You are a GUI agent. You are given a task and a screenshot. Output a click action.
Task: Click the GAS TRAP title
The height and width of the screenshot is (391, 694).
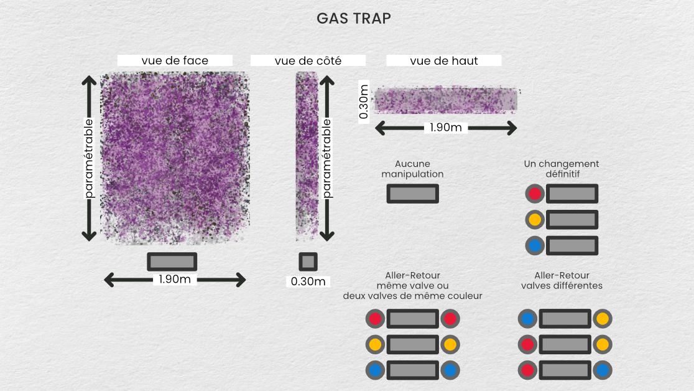point(354,19)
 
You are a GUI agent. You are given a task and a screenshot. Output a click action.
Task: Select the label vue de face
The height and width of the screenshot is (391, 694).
point(175,60)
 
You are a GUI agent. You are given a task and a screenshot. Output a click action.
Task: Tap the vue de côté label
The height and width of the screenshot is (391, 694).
point(308,60)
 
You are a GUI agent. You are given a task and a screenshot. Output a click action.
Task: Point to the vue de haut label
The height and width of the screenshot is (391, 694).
point(444,60)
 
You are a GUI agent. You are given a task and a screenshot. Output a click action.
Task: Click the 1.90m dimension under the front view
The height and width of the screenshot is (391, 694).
point(175,279)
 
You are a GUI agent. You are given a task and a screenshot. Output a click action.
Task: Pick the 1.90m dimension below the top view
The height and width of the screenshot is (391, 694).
point(446,128)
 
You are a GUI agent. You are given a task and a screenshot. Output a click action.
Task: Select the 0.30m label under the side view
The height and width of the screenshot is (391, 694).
point(308,281)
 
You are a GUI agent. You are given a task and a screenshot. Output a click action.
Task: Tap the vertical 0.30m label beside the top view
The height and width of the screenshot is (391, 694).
point(364,100)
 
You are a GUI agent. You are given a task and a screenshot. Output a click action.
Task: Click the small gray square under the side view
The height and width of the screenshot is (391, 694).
point(308,261)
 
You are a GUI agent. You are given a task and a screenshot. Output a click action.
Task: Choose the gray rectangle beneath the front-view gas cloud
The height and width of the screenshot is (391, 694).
point(172,261)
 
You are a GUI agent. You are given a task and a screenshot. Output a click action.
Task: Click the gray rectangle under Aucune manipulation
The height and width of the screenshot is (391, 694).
point(412,194)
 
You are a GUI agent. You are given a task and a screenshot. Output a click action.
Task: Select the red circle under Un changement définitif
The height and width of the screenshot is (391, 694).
point(534,194)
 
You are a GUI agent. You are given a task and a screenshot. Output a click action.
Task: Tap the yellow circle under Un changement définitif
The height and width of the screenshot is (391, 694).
point(534,220)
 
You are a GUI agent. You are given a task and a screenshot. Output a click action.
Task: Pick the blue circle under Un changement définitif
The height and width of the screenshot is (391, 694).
point(534,245)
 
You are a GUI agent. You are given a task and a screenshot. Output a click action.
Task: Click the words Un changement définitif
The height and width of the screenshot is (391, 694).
point(562,169)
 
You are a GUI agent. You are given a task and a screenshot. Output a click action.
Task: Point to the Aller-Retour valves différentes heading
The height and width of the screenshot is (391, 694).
point(562,280)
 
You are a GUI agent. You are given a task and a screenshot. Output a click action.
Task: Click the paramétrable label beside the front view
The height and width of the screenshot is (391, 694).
point(90,158)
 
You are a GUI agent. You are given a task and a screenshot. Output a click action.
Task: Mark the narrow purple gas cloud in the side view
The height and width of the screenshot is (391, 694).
point(307,156)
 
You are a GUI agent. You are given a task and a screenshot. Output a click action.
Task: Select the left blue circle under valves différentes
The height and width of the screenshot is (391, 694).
point(527,319)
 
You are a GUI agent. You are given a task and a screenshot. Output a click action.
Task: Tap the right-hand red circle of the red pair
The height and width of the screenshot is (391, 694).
point(450,319)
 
